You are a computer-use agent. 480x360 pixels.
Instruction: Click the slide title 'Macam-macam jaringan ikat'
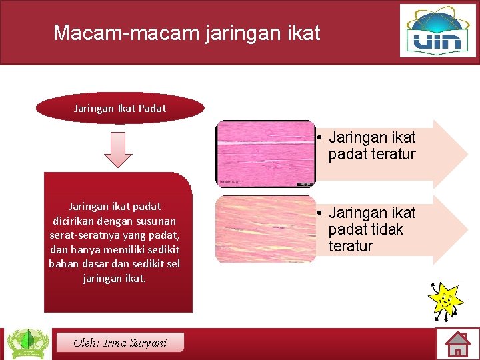(x=187, y=33)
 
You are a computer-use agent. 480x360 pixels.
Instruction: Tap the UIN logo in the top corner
(x=438, y=31)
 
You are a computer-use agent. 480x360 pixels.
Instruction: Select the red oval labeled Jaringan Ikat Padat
(x=120, y=108)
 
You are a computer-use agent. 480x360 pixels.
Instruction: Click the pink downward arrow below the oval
(x=118, y=149)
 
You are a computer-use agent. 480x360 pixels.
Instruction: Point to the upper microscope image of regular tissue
(x=265, y=153)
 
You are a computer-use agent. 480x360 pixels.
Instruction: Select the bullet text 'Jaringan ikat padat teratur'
(x=371, y=146)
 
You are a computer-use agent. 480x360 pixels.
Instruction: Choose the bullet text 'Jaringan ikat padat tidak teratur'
(x=371, y=229)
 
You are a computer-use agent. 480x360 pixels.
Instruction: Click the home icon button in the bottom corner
(x=458, y=344)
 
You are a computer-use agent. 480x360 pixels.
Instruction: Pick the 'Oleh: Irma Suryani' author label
(x=121, y=343)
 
